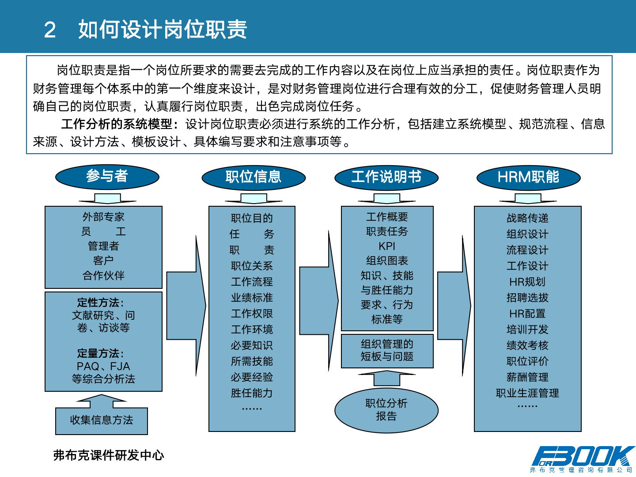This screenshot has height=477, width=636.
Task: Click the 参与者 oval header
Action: click(x=107, y=177)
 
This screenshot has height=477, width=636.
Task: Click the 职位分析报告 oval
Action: click(x=386, y=410)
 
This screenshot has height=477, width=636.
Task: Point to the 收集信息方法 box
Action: click(x=102, y=420)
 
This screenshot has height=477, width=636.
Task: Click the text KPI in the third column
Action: click(x=387, y=246)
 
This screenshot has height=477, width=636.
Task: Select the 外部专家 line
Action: click(x=103, y=217)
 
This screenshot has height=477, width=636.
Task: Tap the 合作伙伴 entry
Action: click(x=103, y=276)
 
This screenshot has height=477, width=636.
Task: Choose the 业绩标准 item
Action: click(x=252, y=298)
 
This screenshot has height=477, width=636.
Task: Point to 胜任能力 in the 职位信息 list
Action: click(x=252, y=393)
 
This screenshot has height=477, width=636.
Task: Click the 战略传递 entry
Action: click(x=527, y=218)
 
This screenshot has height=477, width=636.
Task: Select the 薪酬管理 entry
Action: click(x=527, y=377)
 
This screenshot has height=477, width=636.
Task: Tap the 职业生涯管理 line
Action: click(x=527, y=393)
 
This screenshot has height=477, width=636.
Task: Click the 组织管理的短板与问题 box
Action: click(x=387, y=350)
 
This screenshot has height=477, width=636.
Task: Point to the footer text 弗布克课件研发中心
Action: click(x=109, y=455)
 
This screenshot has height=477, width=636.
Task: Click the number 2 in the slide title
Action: click(x=50, y=30)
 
